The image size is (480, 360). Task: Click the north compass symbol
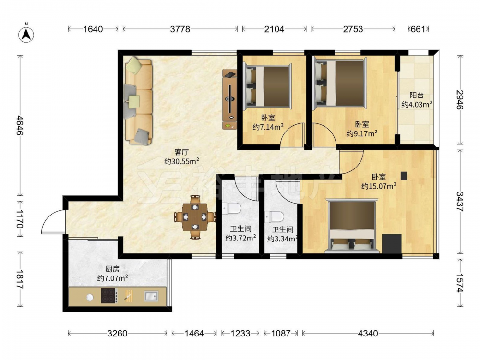[26, 34]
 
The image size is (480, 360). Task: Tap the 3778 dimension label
[180, 29]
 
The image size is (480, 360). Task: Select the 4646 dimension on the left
[20, 125]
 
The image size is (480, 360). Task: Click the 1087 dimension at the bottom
[281, 333]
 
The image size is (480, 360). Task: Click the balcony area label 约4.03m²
[417, 104]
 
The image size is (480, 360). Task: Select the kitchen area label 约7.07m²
[112, 278]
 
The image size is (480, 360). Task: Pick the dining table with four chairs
[195, 217]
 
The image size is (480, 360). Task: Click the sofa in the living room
[138, 102]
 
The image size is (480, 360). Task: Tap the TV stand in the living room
[229, 99]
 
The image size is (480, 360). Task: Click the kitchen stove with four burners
[109, 296]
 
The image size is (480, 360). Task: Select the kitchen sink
[151, 296]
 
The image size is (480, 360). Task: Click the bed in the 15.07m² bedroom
[352, 226]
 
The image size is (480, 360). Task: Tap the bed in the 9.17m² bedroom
[339, 83]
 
